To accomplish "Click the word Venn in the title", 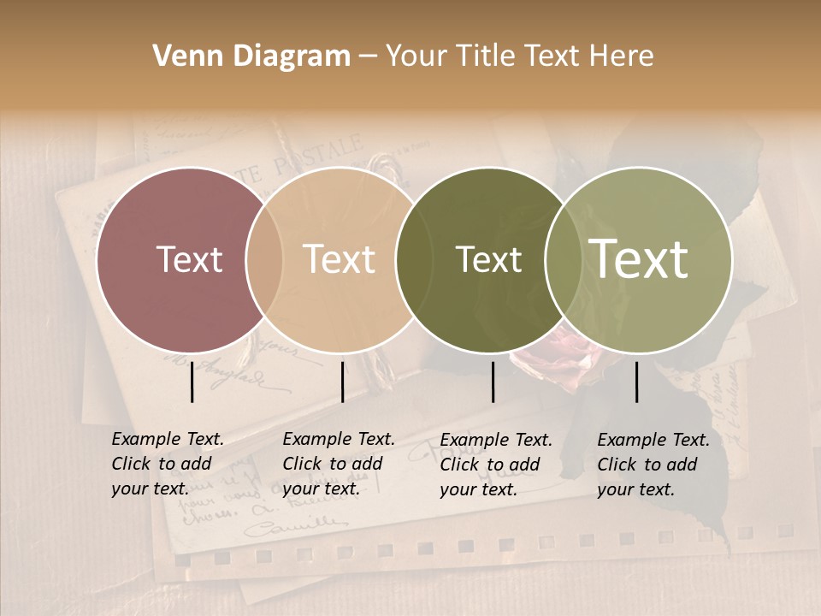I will [x=183, y=56].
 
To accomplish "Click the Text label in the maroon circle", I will [x=189, y=259].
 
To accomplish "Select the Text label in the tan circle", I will [x=339, y=259].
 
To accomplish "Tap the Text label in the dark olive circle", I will [x=488, y=259].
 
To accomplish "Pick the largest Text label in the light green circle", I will [x=639, y=259].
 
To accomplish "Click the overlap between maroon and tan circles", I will [x=264, y=259].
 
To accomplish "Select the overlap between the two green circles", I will [x=564, y=259].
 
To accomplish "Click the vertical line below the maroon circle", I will [x=192, y=382].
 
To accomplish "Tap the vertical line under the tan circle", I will [x=342, y=382].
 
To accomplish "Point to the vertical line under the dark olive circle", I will [x=493, y=382].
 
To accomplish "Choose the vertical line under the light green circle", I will [x=636, y=382].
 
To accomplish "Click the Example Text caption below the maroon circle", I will [x=167, y=464].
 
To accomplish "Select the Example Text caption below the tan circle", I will [x=338, y=464].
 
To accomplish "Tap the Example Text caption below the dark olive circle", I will [x=495, y=465].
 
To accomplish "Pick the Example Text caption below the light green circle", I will [x=653, y=465].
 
